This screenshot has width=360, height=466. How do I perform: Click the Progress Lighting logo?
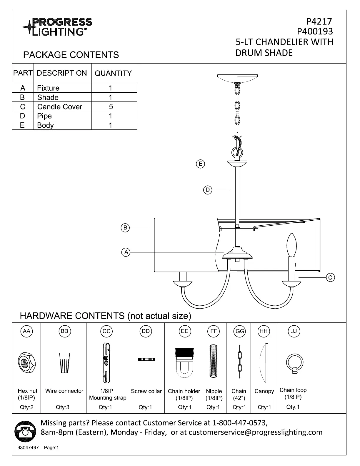[x=57, y=26]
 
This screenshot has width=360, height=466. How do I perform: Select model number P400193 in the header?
[x=315, y=31]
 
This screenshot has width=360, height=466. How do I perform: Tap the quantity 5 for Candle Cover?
[x=111, y=106]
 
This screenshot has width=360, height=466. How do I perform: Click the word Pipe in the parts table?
[x=44, y=116]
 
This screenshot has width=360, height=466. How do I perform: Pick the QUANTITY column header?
[x=113, y=73]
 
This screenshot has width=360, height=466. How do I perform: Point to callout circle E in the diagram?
[x=200, y=164]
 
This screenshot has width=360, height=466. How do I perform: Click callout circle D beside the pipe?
[x=208, y=190]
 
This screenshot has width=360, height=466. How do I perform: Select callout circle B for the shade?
[x=125, y=227]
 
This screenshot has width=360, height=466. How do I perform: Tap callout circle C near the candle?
[x=330, y=277]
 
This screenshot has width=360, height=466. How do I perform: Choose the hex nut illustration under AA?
[x=27, y=362]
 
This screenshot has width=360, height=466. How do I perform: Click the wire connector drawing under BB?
[x=65, y=363]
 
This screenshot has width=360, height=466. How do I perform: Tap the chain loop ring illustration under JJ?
[x=294, y=364]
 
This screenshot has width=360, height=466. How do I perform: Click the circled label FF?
[x=214, y=331]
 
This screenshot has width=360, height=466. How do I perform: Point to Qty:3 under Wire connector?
[x=63, y=407]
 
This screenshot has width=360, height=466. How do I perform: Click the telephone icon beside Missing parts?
[x=23, y=432]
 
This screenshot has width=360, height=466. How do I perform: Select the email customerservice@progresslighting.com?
[x=255, y=432]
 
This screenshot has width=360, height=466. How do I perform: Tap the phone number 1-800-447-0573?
[x=239, y=423]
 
